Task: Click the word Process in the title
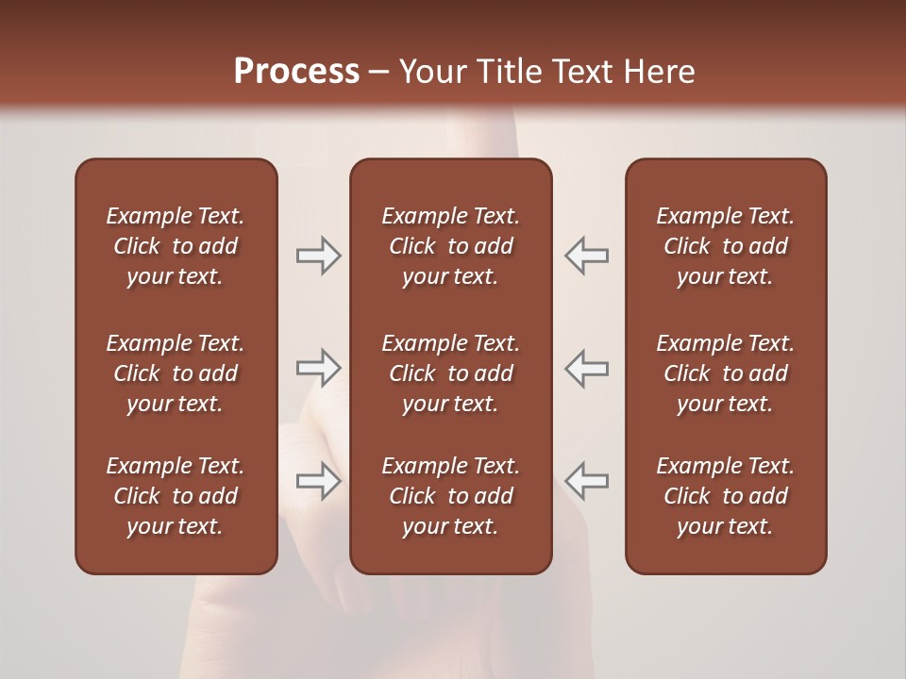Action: [296, 72]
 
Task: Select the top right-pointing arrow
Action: [318, 256]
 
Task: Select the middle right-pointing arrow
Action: [318, 368]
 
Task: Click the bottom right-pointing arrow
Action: [318, 481]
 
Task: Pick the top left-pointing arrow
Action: [586, 256]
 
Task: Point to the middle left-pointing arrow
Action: [586, 368]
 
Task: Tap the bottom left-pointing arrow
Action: [586, 481]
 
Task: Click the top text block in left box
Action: [176, 246]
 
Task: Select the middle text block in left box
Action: [176, 373]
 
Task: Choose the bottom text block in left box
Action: [176, 496]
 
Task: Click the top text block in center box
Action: [450, 246]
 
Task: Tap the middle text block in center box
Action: [450, 373]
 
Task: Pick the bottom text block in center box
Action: [450, 496]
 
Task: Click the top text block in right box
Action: [725, 246]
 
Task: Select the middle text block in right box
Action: [725, 373]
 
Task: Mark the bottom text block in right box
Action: [725, 496]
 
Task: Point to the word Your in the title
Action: [431, 72]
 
